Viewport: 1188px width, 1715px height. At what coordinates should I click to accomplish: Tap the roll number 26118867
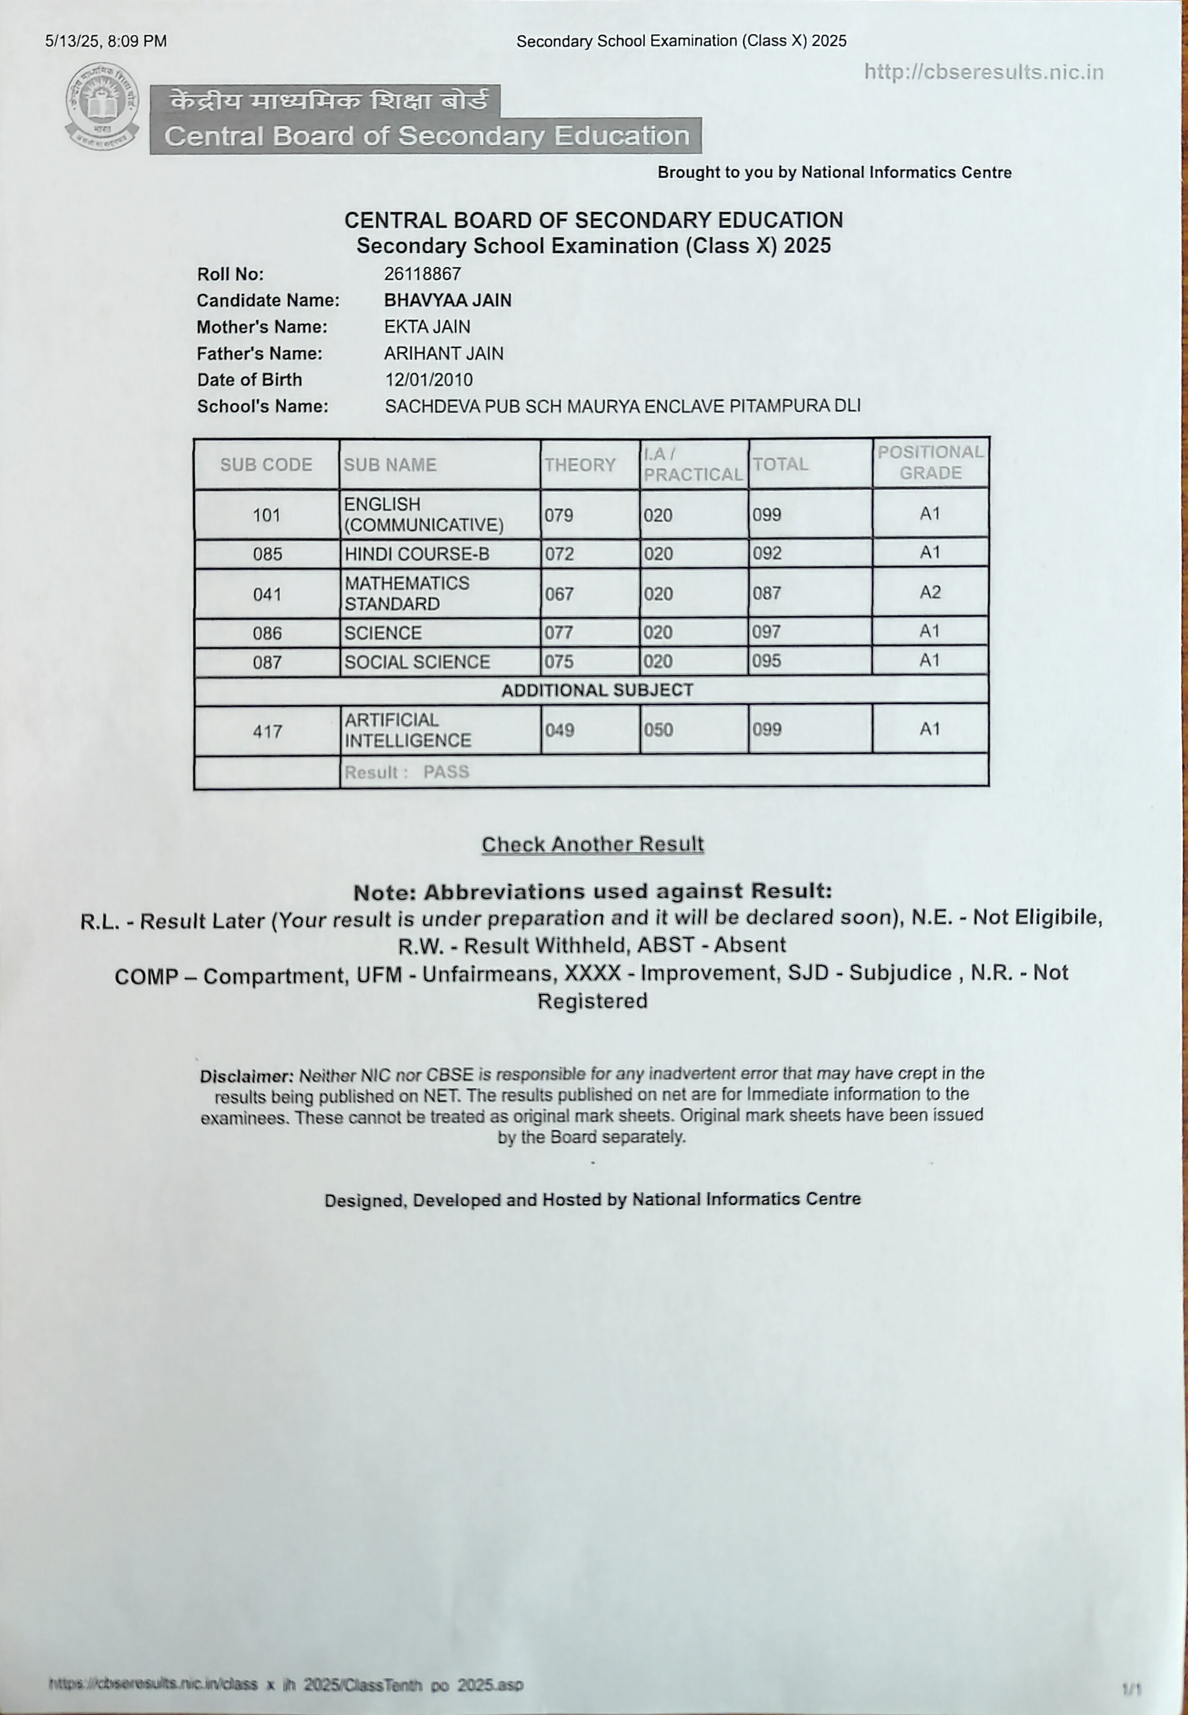click(x=422, y=274)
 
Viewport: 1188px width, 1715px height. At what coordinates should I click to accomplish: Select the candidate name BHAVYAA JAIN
click(x=447, y=300)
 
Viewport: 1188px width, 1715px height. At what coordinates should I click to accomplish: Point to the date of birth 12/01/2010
click(x=428, y=380)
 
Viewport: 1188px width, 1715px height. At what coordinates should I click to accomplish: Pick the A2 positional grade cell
click(x=930, y=592)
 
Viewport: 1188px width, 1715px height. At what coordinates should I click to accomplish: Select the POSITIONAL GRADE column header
click(x=930, y=463)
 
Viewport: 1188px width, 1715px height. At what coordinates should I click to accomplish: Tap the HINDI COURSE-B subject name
click(x=416, y=554)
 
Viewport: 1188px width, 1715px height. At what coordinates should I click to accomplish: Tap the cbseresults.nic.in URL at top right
click(x=983, y=72)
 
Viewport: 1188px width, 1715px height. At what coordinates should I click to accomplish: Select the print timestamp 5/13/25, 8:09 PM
click(x=106, y=41)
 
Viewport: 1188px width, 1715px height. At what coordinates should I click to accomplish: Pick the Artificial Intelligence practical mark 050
click(x=658, y=730)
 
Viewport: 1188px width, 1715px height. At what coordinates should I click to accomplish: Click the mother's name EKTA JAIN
click(x=427, y=327)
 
